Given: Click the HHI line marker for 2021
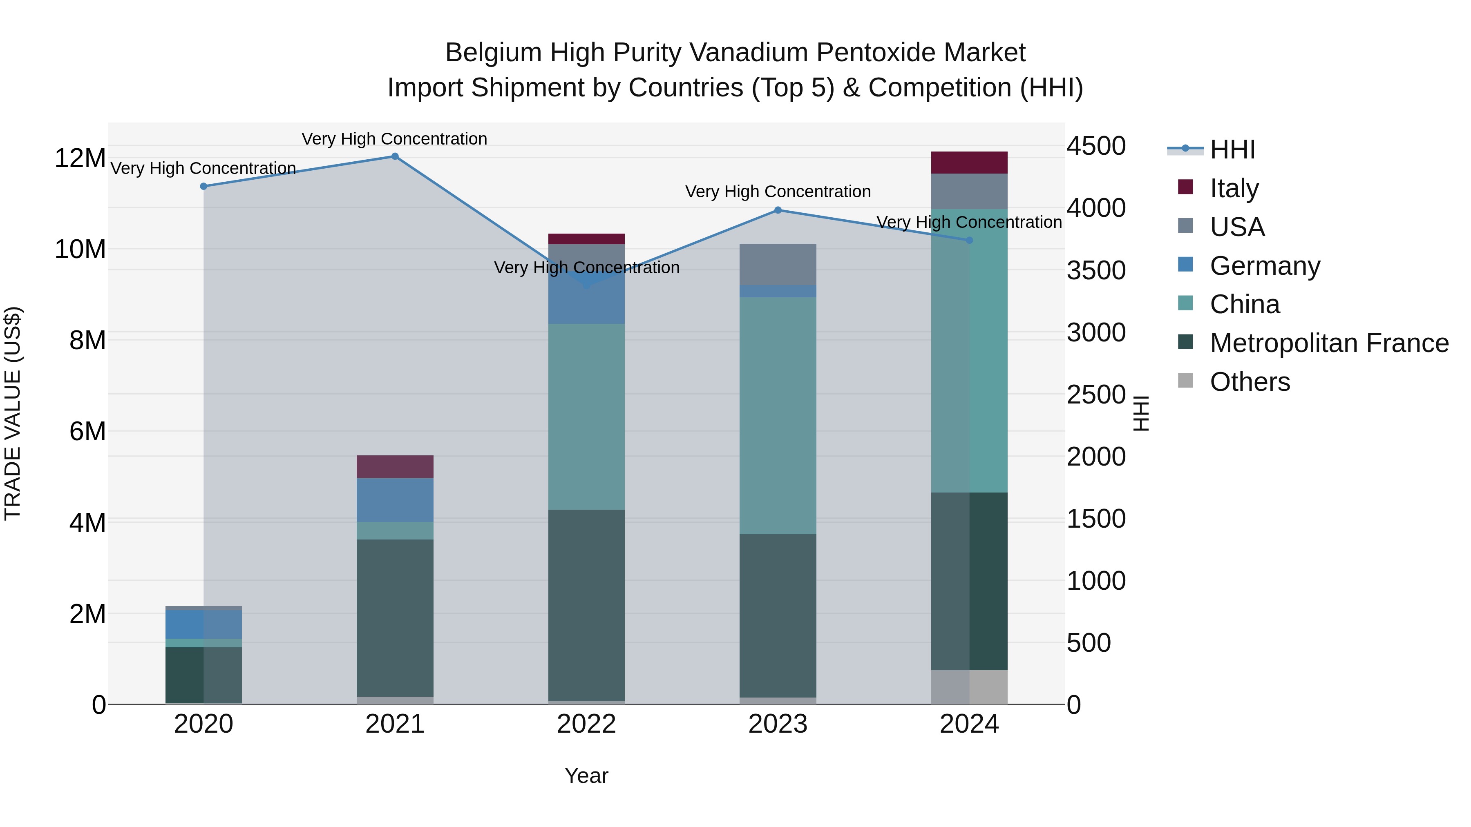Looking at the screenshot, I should pyautogui.click(x=395, y=156).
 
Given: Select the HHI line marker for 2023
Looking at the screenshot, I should pyautogui.click(x=777, y=210).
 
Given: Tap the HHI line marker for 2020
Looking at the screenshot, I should pyautogui.click(x=203, y=186).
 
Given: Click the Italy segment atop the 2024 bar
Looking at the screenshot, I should pyautogui.click(x=969, y=163).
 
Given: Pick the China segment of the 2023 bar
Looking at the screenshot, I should pyautogui.click(x=777, y=415).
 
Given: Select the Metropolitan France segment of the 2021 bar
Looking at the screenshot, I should pyautogui.click(x=395, y=617).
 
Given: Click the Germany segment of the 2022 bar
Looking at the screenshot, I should pyautogui.click(x=586, y=303).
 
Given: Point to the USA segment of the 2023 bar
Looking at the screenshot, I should pyautogui.click(x=777, y=264).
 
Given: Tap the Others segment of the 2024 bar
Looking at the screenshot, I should pyautogui.click(x=969, y=687).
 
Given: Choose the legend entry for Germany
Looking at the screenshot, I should pyautogui.click(x=1264, y=266).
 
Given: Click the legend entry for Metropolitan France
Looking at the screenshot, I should pyautogui.click(x=1328, y=343).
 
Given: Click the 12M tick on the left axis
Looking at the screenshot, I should pyautogui.click(x=80, y=158).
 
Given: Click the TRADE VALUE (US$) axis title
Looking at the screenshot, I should pyautogui.click(x=13, y=413).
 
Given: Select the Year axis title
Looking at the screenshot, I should pyautogui.click(x=586, y=776).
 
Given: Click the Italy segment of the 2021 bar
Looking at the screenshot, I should pyautogui.click(x=395, y=466).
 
